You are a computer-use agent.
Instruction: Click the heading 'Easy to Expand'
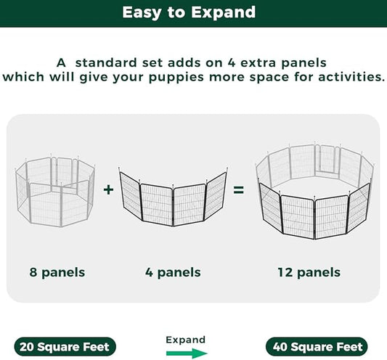193,12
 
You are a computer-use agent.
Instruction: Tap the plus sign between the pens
108,190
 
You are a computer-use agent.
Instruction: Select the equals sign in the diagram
237,190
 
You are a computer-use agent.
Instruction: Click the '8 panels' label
57,273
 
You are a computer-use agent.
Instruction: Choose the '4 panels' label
172,273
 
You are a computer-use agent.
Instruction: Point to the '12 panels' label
308,273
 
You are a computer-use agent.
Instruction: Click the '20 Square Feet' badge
64,347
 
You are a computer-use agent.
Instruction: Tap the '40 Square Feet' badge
316,347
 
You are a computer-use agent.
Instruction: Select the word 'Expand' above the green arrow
185,339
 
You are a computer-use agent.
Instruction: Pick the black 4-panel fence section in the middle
172,196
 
